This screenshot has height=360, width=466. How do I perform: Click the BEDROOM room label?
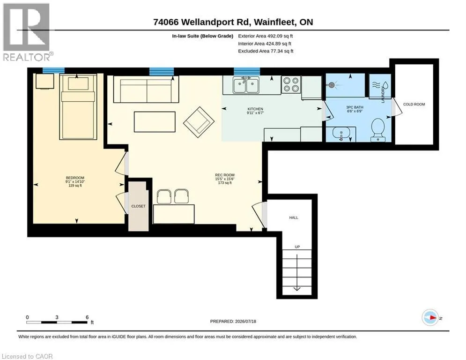click(x=75, y=178)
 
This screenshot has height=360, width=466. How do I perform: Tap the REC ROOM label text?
click(x=225, y=175)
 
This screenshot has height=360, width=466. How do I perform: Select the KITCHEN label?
click(x=255, y=109)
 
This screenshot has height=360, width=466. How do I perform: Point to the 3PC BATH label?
click(x=355, y=107)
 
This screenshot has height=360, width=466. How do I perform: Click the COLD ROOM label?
click(x=414, y=104)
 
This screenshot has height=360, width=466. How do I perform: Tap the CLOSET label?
click(x=139, y=206)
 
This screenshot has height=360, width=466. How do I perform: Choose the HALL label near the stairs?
click(x=294, y=217)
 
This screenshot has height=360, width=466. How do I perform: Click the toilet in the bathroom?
click(x=378, y=130)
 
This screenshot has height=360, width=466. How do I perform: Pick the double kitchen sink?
click(x=246, y=85)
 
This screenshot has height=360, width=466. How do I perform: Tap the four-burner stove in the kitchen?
click(x=291, y=84)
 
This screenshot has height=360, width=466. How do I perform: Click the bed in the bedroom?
click(x=78, y=107)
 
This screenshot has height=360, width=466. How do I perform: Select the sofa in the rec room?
click(x=146, y=89)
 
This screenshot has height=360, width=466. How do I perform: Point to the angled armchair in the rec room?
click(x=199, y=122)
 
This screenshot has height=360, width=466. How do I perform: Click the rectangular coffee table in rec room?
click(x=155, y=122)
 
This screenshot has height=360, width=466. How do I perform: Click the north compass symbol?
click(x=430, y=318)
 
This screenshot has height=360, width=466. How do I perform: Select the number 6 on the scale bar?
click(x=87, y=317)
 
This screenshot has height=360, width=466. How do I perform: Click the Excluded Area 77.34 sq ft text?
click(x=266, y=51)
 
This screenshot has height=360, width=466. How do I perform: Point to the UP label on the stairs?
click(x=297, y=247)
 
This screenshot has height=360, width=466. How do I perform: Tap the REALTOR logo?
click(x=27, y=32)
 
